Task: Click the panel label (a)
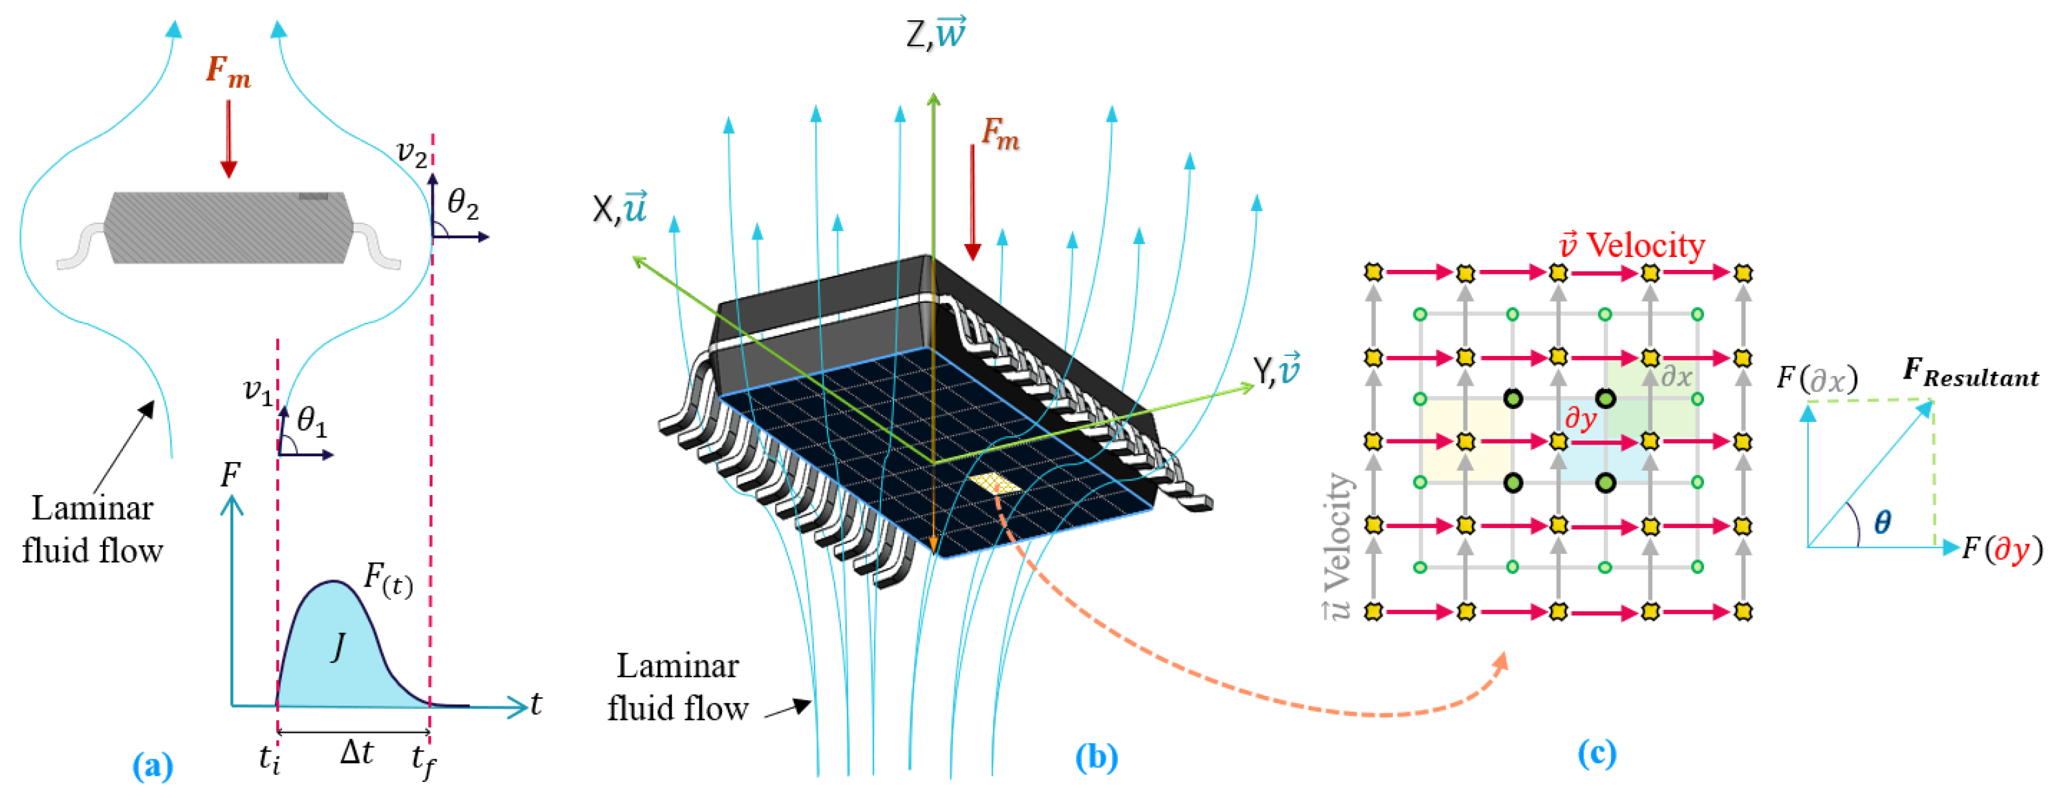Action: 153,766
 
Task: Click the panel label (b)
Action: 1096,757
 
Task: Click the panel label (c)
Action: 1597,753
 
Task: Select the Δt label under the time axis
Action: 356,752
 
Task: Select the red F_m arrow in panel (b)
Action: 972,204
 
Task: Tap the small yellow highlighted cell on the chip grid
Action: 994,482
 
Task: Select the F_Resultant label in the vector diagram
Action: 1971,373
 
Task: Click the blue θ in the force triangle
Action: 1882,522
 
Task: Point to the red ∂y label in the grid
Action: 1580,417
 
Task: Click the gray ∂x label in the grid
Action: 1676,376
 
